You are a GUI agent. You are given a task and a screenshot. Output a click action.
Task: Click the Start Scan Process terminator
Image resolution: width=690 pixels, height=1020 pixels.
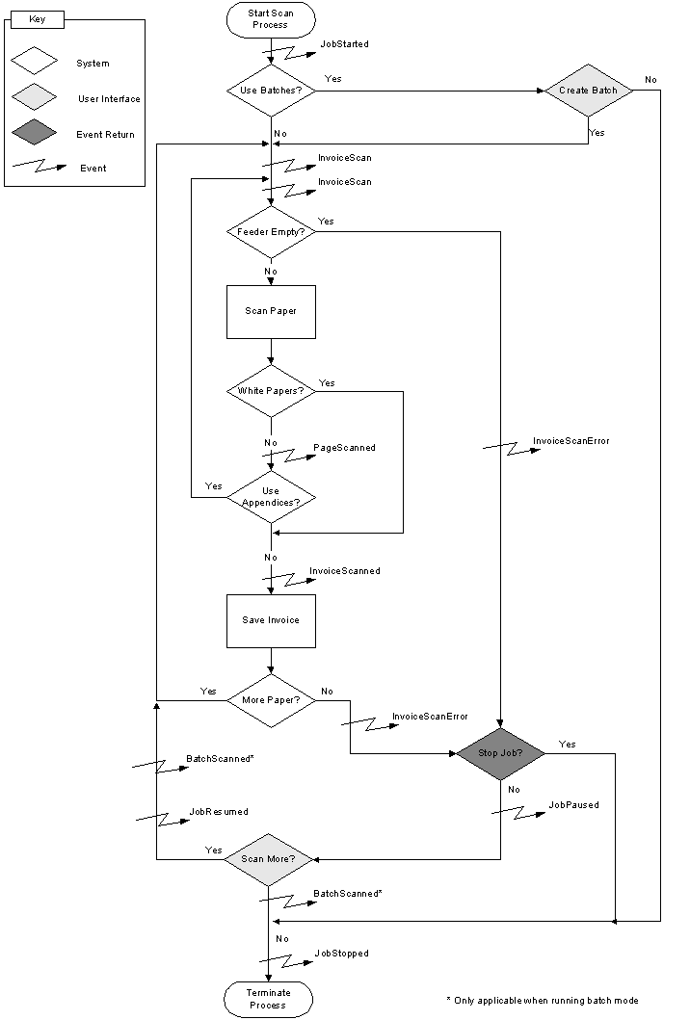click(271, 19)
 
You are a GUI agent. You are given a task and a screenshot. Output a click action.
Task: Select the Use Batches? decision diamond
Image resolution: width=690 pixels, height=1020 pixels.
click(271, 92)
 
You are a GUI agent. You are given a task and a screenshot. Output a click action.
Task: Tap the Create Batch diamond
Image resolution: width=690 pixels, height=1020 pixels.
click(588, 91)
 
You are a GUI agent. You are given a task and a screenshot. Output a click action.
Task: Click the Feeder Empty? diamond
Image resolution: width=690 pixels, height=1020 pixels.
click(271, 232)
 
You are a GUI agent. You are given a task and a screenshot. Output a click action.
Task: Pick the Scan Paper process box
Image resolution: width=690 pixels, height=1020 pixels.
click(271, 311)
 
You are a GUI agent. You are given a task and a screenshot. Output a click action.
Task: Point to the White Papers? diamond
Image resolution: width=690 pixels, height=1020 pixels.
click(271, 391)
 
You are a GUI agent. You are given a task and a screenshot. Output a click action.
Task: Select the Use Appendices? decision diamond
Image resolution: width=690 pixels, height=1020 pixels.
click(271, 497)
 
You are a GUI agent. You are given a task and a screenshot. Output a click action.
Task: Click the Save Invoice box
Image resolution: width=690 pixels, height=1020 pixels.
click(271, 620)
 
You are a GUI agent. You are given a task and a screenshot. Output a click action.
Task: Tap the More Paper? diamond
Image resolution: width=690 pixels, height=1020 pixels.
click(271, 699)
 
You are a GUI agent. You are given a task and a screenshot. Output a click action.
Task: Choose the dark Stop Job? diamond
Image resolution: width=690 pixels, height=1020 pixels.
click(500, 753)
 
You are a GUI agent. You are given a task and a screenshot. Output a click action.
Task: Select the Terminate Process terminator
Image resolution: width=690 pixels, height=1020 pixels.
click(269, 999)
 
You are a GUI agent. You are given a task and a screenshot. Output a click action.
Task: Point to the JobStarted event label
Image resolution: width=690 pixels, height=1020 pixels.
click(344, 44)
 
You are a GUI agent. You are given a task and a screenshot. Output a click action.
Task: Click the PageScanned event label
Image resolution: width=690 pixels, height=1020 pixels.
click(344, 448)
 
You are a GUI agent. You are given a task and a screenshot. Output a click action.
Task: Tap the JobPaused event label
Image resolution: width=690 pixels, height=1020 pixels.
click(573, 804)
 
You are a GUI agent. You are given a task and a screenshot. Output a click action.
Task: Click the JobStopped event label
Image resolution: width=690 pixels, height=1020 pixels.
click(341, 954)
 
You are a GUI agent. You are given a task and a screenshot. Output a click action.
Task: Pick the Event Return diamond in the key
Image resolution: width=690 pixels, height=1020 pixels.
click(34, 134)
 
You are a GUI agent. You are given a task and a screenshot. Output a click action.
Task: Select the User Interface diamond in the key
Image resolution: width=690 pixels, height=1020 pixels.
click(34, 98)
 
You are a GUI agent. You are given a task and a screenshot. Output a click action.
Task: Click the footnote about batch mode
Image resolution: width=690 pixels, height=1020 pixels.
click(543, 1001)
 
